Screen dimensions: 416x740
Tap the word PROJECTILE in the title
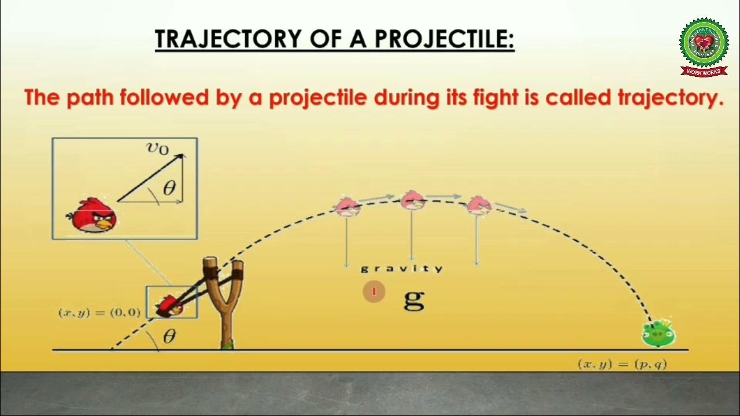(444, 39)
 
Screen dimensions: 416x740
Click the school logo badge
(703, 46)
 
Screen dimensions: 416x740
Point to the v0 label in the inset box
(157, 148)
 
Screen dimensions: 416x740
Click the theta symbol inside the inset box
(169, 188)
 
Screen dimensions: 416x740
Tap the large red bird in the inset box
(92, 216)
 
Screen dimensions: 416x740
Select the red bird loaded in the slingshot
(170, 306)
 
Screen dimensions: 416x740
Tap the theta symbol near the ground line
(169, 337)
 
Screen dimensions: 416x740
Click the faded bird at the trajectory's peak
(412, 200)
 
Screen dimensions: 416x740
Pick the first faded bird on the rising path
(347, 206)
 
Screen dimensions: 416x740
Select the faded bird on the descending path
(479, 205)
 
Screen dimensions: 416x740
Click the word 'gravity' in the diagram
(402, 269)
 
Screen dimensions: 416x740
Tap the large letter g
(414, 298)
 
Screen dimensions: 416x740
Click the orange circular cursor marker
(373, 292)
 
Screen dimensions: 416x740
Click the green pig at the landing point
(658, 334)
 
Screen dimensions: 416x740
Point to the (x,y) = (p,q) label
(622, 364)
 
